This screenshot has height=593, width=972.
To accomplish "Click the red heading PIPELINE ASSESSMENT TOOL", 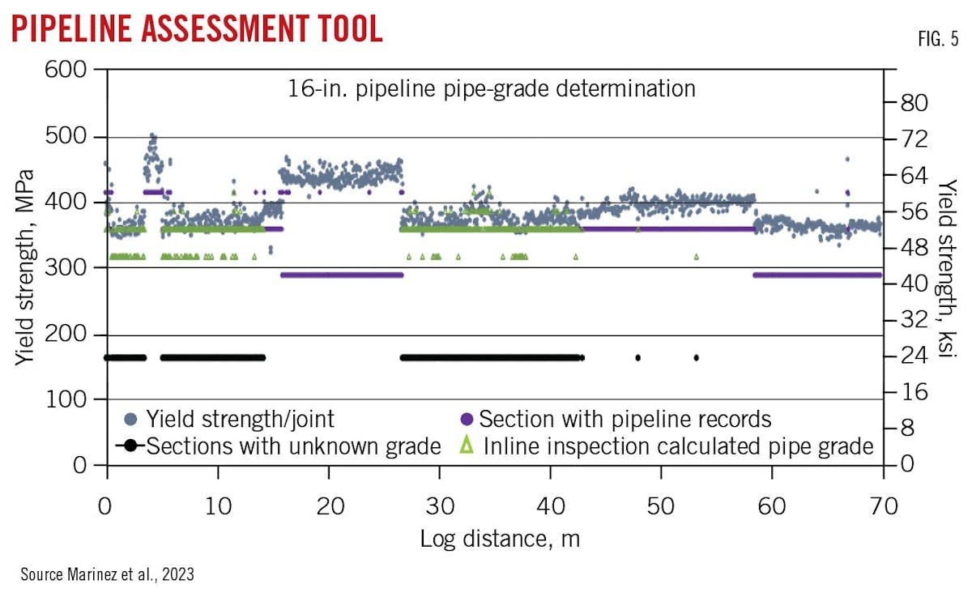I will click(197, 29).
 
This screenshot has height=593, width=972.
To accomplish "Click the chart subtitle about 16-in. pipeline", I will click(492, 88).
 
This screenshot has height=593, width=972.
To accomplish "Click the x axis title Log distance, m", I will click(500, 539).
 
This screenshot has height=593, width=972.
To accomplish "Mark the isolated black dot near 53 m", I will click(696, 357).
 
